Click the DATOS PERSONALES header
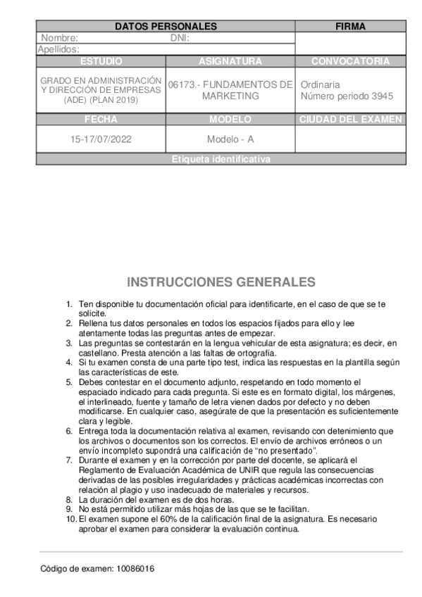pyautogui.click(x=166, y=27)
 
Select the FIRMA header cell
pyautogui.click(x=350, y=27)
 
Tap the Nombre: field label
pyautogui.click(x=59, y=39)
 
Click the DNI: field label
pyautogui.click(x=181, y=39)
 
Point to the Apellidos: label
pyautogui.click(x=58, y=49)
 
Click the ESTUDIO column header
pyautogui.click(x=101, y=61)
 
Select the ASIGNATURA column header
pyautogui.click(x=230, y=61)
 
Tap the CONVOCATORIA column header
pyautogui.click(x=350, y=61)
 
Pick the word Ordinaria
pyautogui.click(x=321, y=84)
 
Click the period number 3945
pyautogui.click(x=381, y=96)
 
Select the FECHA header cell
pyautogui.click(x=101, y=120)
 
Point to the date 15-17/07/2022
pyautogui.click(x=101, y=139)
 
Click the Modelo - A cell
pyautogui.click(x=230, y=139)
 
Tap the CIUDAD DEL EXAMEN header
pyautogui.click(x=350, y=120)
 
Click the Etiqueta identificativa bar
pyautogui.click(x=221, y=160)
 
